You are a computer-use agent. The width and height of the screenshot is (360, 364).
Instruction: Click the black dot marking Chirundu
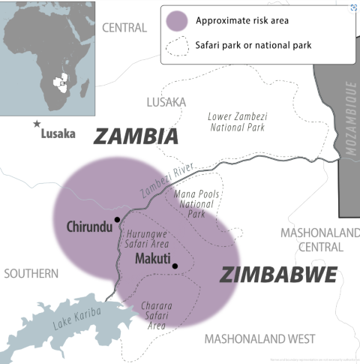[x=117, y=220]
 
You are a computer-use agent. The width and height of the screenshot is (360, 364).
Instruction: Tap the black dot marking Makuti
[x=175, y=266]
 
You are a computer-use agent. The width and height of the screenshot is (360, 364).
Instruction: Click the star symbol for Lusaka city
[x=35, y=123]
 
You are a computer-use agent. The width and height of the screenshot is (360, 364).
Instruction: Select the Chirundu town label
[x=89, y=226]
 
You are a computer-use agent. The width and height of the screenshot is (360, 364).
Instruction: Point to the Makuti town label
[x=153, y=258]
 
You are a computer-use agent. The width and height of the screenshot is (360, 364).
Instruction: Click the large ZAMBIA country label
[x=136, y=136]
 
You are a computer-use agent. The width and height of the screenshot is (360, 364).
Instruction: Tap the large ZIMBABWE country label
[x=278, y=275]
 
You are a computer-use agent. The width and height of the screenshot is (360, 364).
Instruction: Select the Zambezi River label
[x=166, y=182]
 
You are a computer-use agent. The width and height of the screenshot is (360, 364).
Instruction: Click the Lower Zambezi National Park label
[x=237, y=122]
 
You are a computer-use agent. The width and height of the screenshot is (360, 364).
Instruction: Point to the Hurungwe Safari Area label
[x=147, y=239]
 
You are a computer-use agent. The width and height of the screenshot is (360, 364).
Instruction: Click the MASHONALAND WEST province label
[x=259, y=338]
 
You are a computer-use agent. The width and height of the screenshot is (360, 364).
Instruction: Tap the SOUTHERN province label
[x=31, y=274]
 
